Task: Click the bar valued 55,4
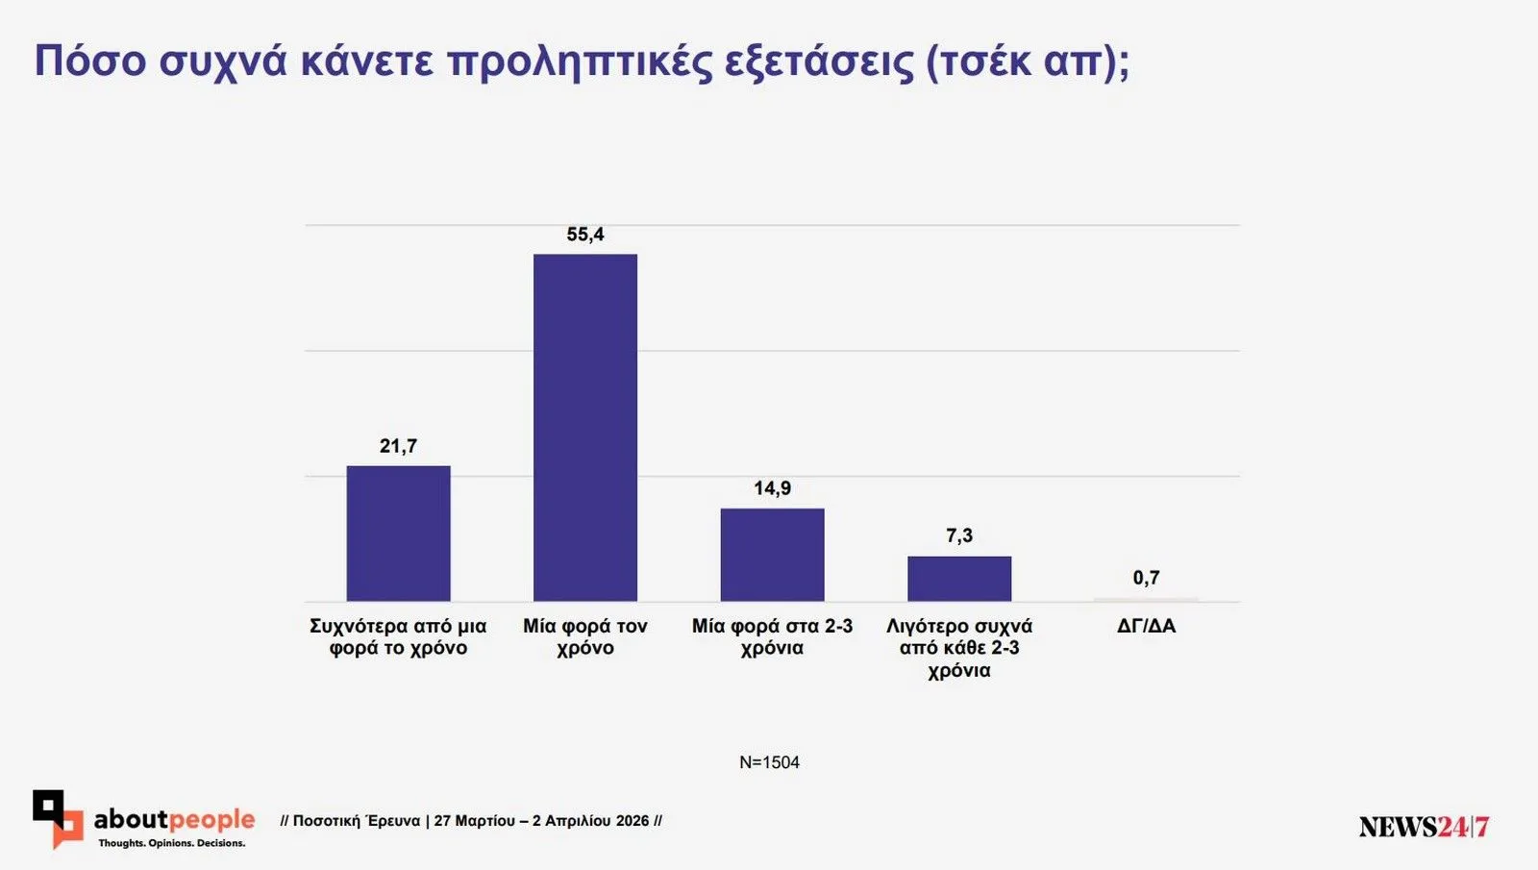584,428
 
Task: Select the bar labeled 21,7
398,534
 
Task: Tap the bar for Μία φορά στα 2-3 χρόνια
772,555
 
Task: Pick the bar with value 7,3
959,579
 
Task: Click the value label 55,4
584,235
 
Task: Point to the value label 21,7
398,446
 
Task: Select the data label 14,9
772,488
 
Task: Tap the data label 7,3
959,535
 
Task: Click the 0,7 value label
1146,578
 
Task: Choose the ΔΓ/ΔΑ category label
1146,626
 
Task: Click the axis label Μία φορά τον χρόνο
584,636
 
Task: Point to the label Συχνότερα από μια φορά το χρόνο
398,636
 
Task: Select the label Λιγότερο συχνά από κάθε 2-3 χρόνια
959,647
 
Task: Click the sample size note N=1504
769,762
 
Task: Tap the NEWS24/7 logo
1424,827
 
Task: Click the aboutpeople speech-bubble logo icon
58,818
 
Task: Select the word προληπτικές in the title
581,61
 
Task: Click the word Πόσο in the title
89,61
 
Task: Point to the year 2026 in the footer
633,821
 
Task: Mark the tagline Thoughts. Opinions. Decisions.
171,843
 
